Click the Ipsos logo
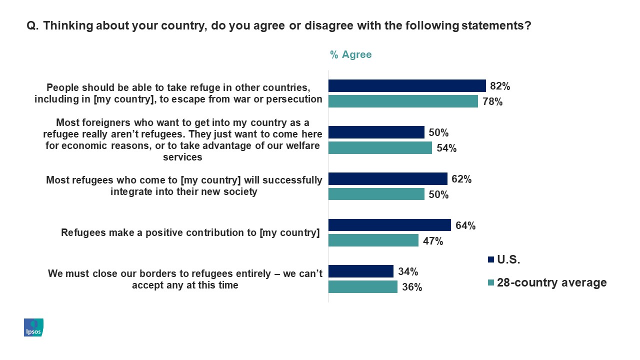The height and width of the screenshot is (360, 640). [33, 327]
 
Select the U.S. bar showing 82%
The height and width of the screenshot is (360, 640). [406, 85]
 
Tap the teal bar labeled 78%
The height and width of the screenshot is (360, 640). [402, 101]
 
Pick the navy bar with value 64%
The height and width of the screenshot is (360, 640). [389, 225]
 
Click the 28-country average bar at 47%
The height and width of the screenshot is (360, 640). [373, 240]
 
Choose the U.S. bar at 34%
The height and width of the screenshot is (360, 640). [360, 271]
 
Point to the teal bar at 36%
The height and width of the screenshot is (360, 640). [362, 286]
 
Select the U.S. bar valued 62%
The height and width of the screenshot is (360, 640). [387, 178]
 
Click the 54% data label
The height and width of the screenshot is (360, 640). [446, 148]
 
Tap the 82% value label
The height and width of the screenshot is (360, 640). [500, 86]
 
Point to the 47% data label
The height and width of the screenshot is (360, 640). [433, 241]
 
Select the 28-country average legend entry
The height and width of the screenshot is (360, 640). [546, 282]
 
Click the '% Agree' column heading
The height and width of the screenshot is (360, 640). [350, 54]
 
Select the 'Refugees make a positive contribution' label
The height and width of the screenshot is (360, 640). [190, 232]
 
